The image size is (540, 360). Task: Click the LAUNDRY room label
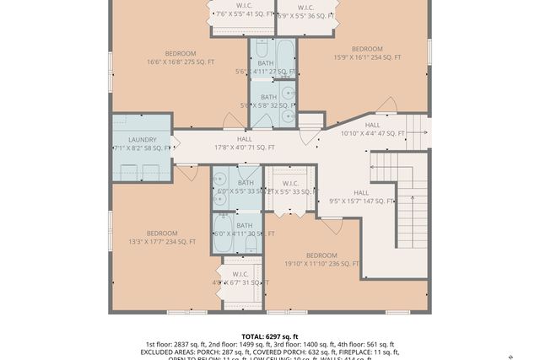click(142, 140)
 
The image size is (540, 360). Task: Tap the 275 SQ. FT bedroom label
click(180, 56)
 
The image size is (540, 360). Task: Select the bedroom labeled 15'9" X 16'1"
click(367, 53)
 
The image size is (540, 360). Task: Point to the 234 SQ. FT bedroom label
click(161, 237)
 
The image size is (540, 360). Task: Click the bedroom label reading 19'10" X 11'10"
click(321, 259)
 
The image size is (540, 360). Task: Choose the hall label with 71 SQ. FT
click(245, 142)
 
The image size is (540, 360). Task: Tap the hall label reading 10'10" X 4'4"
click(372, 129)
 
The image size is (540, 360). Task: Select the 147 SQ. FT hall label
click(361, 196)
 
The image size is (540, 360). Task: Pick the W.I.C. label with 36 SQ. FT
click(306, 11)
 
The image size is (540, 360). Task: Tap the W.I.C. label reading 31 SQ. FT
click(240, 278)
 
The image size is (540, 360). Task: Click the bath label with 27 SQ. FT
click(266, 67)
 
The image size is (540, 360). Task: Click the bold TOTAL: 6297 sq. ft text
click(269, 336)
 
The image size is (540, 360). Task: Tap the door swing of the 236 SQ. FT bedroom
click(332, 224)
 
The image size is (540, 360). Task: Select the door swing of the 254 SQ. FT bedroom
click(386, 107)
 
